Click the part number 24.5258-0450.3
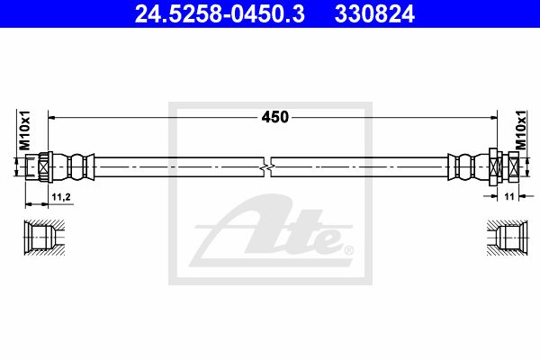coord(220,13)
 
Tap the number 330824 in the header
coord(374,13)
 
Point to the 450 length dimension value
coord(274,117)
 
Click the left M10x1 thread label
coord(24,130)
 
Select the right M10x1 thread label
coord(521,130)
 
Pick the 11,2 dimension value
coord(61,197)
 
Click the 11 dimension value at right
coord(509,196)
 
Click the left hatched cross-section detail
coord(44,238)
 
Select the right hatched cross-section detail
coord(508,238)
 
